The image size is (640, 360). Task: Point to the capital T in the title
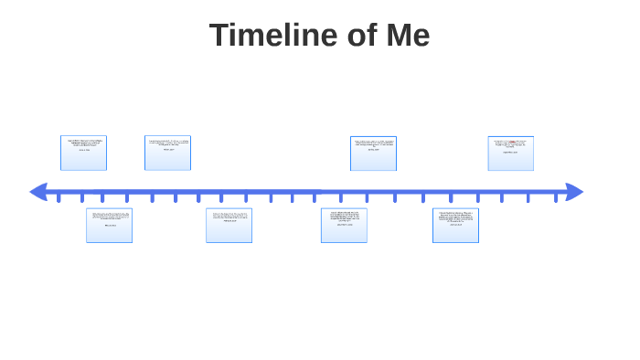(x=219, y=36)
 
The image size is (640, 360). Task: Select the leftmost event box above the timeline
(x=83, y=153)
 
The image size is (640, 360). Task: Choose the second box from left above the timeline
(x=167, y=153)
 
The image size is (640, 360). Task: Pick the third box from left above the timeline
(x=373, y=153)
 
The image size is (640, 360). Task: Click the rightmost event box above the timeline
(x=510, y=153)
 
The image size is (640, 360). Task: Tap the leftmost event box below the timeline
(x=109, y=225)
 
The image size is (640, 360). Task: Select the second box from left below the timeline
(x=229, y=225)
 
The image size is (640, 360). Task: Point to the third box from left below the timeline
(x=344, y=225)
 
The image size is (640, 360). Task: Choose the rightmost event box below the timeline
(x=455, y=225)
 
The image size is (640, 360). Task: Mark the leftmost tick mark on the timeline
(x=59, y=197)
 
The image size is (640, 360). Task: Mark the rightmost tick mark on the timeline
(x=555, y=197)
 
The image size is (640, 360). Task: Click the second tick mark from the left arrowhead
(x=81, y=197)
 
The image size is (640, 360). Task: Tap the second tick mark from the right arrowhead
(x=528, y=197)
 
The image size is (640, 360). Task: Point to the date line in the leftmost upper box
(x=83, y=150)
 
